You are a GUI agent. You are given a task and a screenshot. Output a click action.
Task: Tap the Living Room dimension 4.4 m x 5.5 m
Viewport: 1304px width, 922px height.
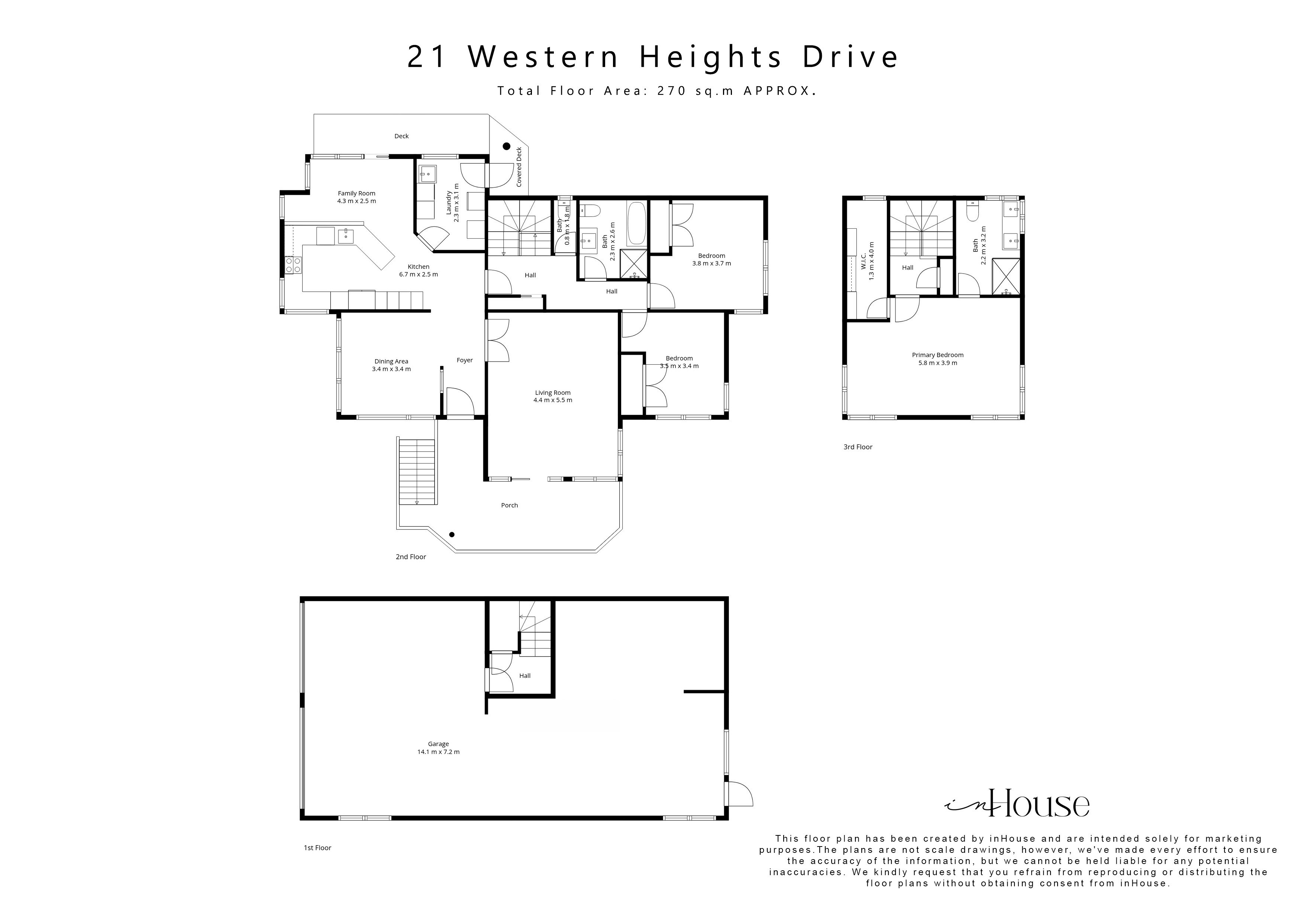coord(553,400)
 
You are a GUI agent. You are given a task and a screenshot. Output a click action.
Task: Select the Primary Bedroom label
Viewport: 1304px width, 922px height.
coord(938,355)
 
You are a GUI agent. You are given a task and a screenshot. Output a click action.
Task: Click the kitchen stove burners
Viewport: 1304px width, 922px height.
coord(293,264)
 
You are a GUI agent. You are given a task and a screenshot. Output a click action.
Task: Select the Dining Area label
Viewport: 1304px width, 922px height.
coord(391,361)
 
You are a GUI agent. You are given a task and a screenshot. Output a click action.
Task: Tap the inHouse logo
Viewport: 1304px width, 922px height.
coord(1017,803)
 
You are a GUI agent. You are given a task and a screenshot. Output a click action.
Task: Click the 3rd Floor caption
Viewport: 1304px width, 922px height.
coord(858,447)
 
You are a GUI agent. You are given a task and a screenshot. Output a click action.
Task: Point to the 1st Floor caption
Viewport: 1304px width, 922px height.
coord(317,848)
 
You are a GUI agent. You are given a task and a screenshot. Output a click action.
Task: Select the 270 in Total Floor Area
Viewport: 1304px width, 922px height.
coord(672,91)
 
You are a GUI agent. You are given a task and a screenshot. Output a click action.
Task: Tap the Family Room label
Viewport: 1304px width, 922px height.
coord(357,193)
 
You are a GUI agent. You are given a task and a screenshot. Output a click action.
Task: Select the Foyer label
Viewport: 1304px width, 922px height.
coord(465,360)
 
